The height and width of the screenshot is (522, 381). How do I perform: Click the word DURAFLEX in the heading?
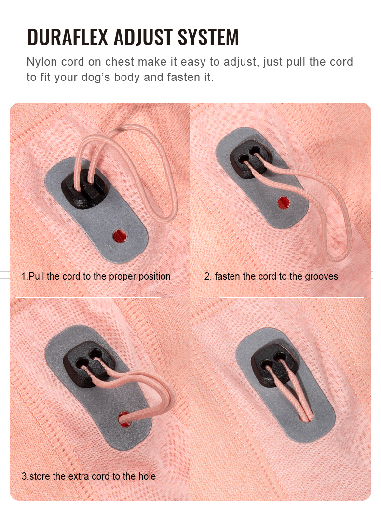click(68, 38)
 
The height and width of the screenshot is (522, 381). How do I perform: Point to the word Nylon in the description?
click(42, 62)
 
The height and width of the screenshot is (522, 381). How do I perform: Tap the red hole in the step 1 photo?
click(119, 236)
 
